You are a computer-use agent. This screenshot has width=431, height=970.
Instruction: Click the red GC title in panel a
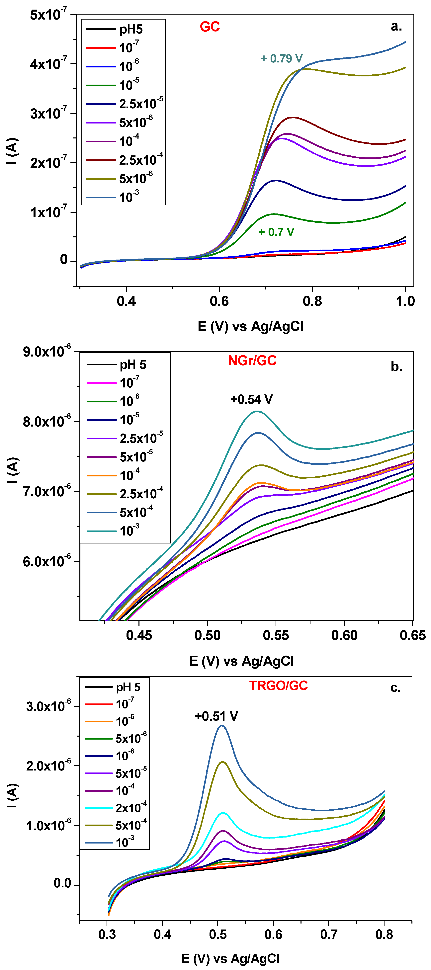[x=210, y=27]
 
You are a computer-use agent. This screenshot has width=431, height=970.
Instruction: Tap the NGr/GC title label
[x=252, y=361]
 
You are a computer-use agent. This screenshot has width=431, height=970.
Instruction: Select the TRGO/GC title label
[x=278, y=686]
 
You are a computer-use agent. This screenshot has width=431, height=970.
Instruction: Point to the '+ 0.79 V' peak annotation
[x=281, y=58]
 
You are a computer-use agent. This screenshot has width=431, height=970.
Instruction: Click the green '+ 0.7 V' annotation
[x=276, y=232]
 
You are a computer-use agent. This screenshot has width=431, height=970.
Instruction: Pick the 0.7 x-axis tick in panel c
[x=328, y=935]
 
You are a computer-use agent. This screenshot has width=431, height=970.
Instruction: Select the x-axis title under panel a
[x=251, y=326]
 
